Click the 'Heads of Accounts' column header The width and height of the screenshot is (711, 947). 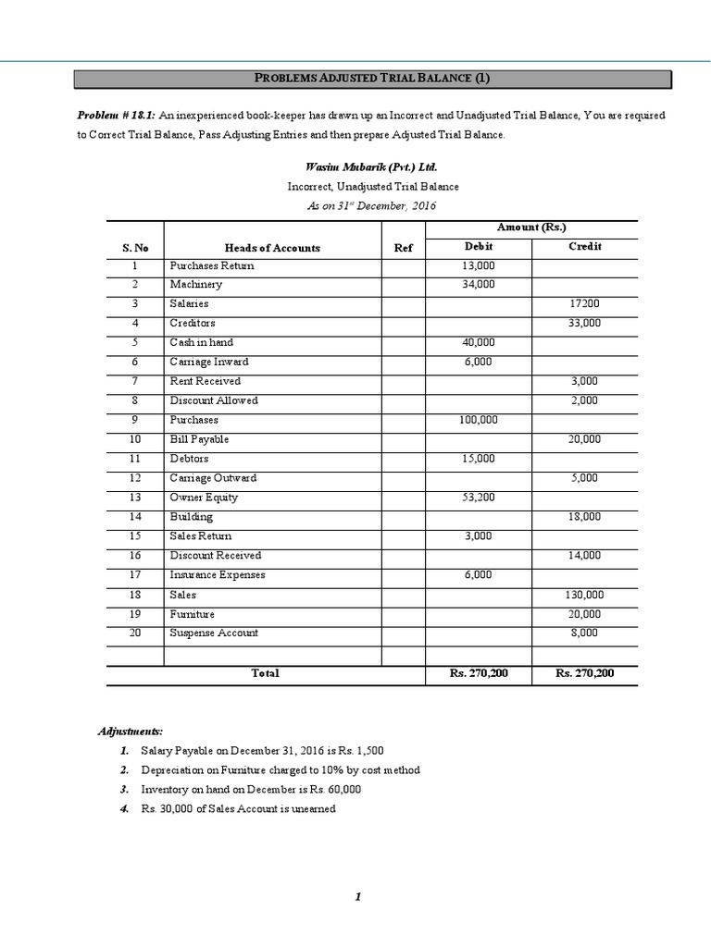point(272,248)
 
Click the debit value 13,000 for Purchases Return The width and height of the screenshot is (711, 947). point(478,266)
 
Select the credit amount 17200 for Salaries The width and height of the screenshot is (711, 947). point(584,304)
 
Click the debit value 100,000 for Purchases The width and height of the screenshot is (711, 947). point(478,420)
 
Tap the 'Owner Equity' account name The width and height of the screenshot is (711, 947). point(204,498)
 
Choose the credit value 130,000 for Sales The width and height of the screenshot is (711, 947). point(584,596)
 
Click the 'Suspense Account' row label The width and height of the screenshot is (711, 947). point(214,633)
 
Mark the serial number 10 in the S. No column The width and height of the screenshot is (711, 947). point(134,439)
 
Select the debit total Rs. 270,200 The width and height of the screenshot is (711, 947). point(478,674)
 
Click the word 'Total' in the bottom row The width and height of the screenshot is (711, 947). point(265,674)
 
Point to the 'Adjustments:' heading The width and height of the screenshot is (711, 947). point(131,732)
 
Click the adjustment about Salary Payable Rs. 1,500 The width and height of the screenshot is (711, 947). point(262,750)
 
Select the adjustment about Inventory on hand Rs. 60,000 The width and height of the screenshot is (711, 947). point(251,790)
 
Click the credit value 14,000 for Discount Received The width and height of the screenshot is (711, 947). point(584,556)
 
